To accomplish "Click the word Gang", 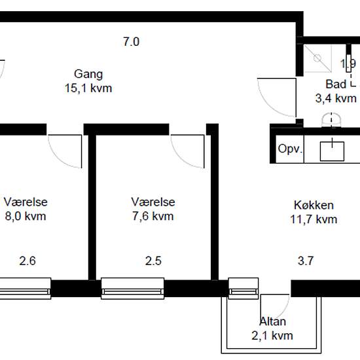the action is (x=88, y=75).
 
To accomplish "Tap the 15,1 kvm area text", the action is (x=88, y=88).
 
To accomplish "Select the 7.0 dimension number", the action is (x=131, y=42).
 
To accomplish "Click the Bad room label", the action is (x=336, y=84).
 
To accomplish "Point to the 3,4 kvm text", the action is (x=336, y=98).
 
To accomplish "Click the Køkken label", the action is (x=314, y=205).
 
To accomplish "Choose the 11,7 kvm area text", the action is (x=314, y=219).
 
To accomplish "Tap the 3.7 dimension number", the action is (x=306, y=261).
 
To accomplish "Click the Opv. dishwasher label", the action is (x=290, y=149).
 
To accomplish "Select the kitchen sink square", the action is (x=332, y=151).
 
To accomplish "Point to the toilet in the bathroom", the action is (x=331, y=120).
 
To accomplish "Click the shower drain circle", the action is (x=317, y=58).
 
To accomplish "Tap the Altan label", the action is (x=272, y=321).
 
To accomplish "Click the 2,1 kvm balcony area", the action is (x=272, y=336).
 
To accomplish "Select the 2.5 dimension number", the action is (x=153, y=261).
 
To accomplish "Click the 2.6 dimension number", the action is (x=27, y=261).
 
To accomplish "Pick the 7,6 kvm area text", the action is (x=153, y=216).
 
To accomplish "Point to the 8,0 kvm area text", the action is (x=26, y=216).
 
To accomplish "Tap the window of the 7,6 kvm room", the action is (x=133, y=289).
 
